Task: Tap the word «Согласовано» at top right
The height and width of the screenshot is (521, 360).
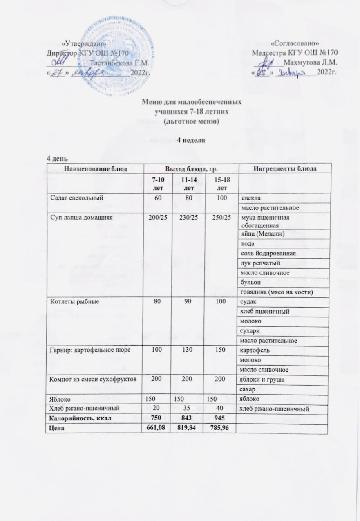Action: pos(295,44)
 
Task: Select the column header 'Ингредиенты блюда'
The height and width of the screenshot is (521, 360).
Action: pos(285,168)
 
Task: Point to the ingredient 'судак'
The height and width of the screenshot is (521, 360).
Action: pos(248,302)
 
